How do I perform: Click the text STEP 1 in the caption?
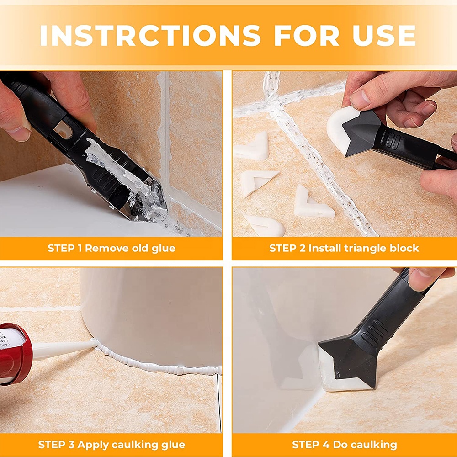tap(65, 249)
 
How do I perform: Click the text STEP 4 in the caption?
tap(310, 444)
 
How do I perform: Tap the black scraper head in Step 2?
tap(363, 133)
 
